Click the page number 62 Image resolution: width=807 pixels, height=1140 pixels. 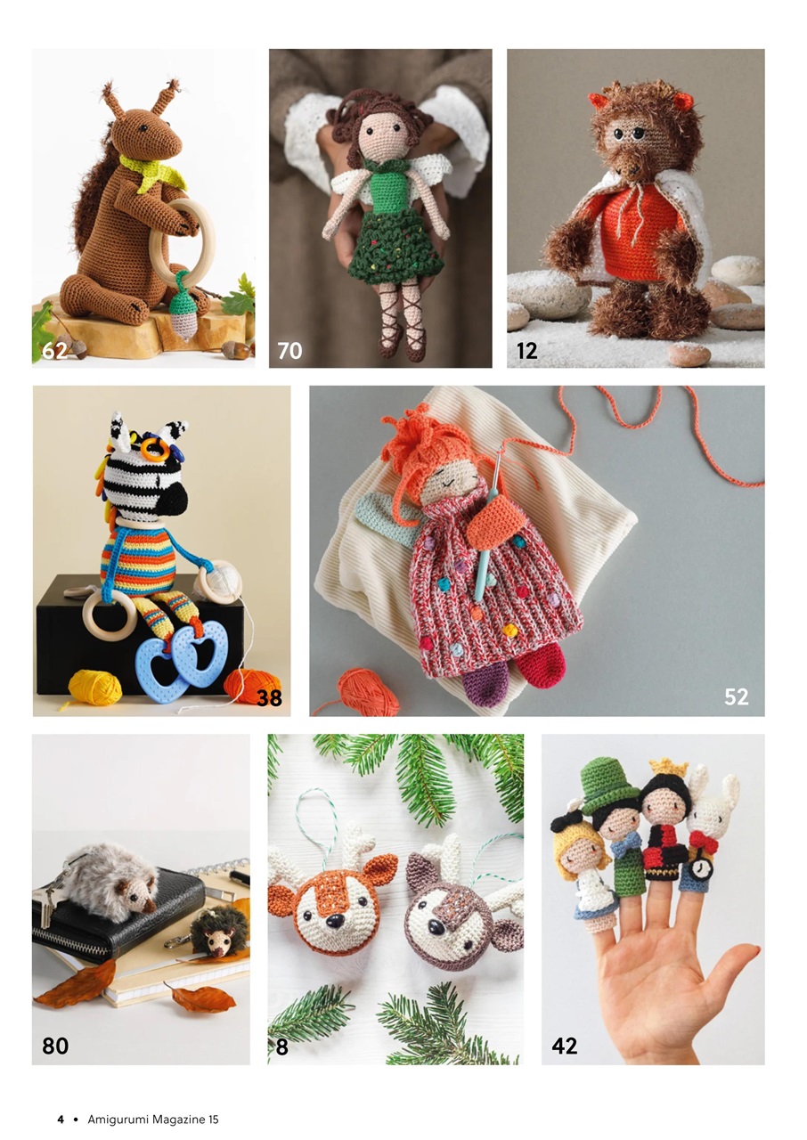(x=54, y=351)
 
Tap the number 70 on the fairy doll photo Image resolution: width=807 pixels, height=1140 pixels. (x=289, y=351)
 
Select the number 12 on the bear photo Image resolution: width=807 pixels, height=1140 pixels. (x=527, y=351)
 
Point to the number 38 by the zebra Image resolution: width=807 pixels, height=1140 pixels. (x=269, y=698)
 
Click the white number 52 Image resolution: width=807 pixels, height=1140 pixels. (x=736, y=697)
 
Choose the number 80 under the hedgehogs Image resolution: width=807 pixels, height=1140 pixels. (x=55, y=1046)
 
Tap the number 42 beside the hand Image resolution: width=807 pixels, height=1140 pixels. (x=564, y=1046)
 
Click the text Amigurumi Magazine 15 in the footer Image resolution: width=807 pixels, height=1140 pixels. (x=152, y=1120)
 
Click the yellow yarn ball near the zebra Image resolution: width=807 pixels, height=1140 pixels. (x=94, y=688)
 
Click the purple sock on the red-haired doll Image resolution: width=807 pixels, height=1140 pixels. (x=486, y=686)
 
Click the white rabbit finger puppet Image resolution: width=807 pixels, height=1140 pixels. (x=711, y=819)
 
